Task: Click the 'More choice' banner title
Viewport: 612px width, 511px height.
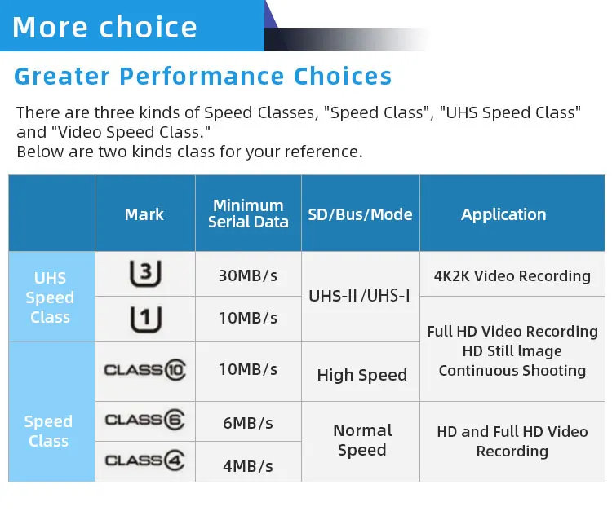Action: point(104,27)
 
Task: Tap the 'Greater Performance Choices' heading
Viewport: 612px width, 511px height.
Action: point(202,76)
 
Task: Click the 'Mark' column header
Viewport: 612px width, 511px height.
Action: point(144,214)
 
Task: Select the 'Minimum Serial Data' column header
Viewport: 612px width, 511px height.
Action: point(248,214)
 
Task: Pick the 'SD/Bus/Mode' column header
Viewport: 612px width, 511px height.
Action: point(360,214)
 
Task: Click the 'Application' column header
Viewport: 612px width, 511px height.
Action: point(503,214)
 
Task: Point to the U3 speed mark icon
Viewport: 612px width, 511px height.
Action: point(145,273)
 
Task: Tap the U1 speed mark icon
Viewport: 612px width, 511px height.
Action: point(145,319)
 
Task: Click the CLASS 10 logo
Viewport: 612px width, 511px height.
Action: point(144,369)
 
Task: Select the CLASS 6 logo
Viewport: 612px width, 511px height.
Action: point(144,420)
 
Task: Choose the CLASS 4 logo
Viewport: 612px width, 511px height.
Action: point(144,460)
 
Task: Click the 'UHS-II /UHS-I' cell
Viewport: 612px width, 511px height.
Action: point(359,296)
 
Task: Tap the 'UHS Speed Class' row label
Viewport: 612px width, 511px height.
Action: point(50,297)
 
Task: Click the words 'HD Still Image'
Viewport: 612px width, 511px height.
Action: point(512,350)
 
